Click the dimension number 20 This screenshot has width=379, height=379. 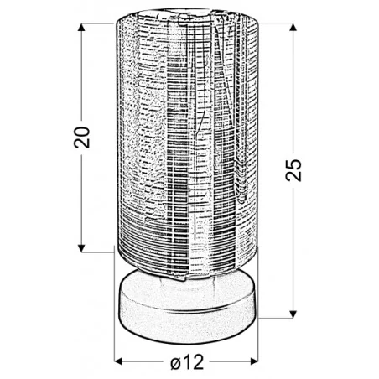(x=81, y=138)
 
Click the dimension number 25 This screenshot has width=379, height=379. (x=293, y=170)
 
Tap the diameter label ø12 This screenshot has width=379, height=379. (x=187, y=361)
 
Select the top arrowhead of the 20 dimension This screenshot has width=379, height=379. (x=81, y=27)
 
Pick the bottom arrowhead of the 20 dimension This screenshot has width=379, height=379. (x=81, y=248)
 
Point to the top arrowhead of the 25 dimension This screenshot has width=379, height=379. (x=293, y=27)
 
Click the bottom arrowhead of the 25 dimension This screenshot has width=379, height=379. (x=293, y=314)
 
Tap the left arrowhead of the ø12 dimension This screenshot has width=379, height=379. (x=118, y=361)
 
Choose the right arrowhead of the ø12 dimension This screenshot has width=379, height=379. (x=254, y=361)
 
